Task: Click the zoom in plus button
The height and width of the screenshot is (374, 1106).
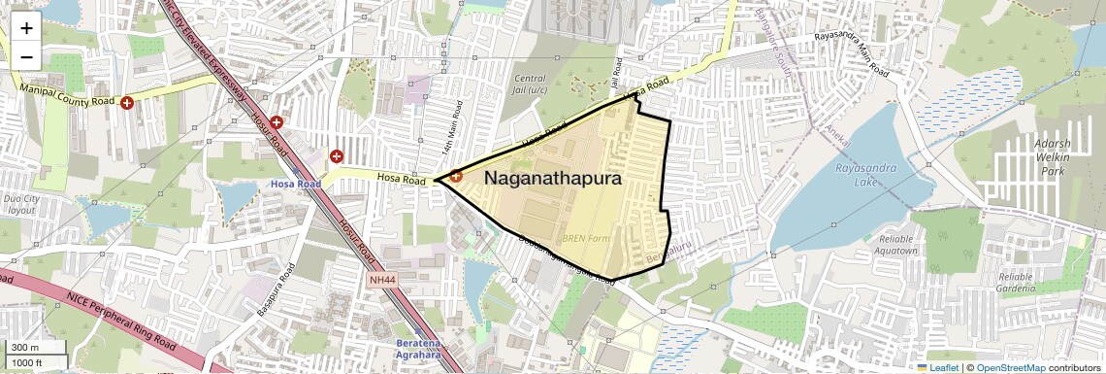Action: (26, 27)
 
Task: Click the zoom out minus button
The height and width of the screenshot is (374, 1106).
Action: (26, 56)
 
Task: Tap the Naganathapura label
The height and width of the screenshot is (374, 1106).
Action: (552, 179)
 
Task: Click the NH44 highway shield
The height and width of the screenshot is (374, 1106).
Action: (382, 281)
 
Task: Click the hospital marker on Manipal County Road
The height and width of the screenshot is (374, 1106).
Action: (126, 103)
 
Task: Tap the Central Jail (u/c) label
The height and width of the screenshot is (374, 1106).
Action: (530, 85)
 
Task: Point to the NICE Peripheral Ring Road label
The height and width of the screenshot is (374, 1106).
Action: (121, 317)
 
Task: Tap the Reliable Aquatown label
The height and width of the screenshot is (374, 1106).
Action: (897, 244)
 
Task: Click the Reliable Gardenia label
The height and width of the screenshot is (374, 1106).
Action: (1027, 282)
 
